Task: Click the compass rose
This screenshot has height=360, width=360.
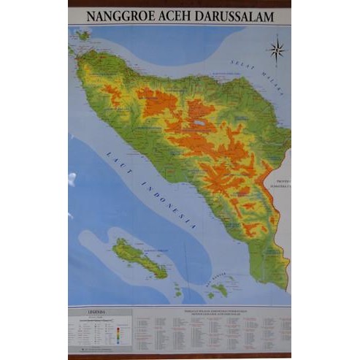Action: pyautogui.click(x=277, y=50)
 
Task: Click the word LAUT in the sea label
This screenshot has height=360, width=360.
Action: pyautogui.click(x=115, y=157)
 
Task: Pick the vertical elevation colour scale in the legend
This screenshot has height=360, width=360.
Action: pyautogui.click(x=118, y=332)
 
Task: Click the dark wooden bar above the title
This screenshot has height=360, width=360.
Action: pyautogui.click(x=180, y=3)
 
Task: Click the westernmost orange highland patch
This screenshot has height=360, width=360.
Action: pyautogui.click(x=110, y=93)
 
